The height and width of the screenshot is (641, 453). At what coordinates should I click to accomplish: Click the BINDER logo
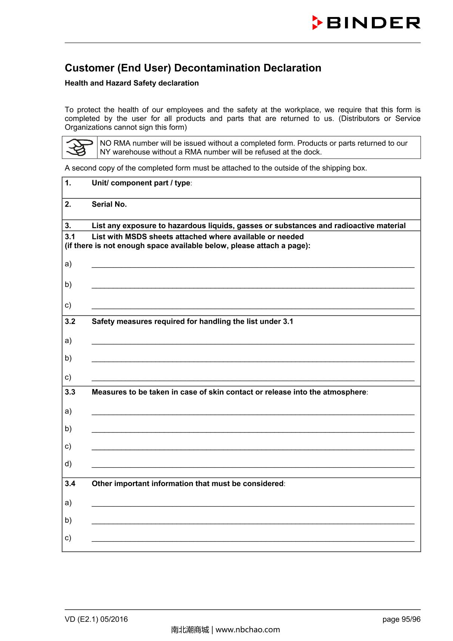tap(366, 23)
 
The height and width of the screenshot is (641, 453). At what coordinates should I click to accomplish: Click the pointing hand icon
tap(80, 147)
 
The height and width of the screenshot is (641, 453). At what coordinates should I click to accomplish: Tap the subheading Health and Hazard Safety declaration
tap(132, 83)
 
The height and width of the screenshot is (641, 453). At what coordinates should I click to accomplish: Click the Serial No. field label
tap(109, 204)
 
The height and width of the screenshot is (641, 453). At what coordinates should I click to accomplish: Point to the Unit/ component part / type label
tap(141, 183)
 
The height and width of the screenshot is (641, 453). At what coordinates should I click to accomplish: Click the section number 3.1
tap(70, 237)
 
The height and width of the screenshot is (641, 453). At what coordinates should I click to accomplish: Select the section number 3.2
tap(70, 321)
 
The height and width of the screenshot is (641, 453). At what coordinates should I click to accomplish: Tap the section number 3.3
tap(70, 392)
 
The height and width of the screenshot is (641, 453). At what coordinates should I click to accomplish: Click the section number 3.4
tap(70, 484)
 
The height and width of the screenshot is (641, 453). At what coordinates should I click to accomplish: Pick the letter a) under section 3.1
tap(68, 264)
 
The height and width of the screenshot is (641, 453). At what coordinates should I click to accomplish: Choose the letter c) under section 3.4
tap(68, 538)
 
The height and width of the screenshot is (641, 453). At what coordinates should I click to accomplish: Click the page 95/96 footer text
tap(401, 619)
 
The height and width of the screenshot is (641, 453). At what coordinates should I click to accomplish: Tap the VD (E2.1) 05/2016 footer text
tap(96, 619)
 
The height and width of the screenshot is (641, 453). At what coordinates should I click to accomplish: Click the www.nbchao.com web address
tap(248, 630)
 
